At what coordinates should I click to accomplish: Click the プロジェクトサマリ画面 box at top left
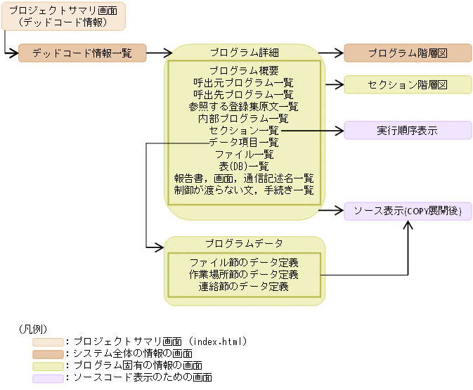[63, 16]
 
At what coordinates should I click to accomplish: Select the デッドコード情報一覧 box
[82, 53]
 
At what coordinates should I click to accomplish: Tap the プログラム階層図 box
[408, 53]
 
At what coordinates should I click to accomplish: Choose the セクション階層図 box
[408, 85]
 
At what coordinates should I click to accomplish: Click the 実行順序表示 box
[408, 131]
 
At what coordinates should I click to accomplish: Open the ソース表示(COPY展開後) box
[408, 211]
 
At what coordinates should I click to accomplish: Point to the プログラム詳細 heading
[244, 53]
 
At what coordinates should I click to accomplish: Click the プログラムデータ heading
[244, 244]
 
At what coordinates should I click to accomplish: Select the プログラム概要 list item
[244, 70]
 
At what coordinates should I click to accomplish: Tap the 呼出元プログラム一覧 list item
[244, 82]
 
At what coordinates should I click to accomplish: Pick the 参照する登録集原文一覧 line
[244, 106]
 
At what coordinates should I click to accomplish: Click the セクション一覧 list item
[244, 131]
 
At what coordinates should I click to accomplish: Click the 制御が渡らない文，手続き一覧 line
[244, 190]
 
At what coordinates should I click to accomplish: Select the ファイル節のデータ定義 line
[244, 262]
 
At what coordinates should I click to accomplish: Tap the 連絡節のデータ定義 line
[244, 286]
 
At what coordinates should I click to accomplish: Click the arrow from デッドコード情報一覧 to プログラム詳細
[160, 53]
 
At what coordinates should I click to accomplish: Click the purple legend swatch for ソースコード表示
[47, 378]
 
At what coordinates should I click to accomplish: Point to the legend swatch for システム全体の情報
[47, 353]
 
